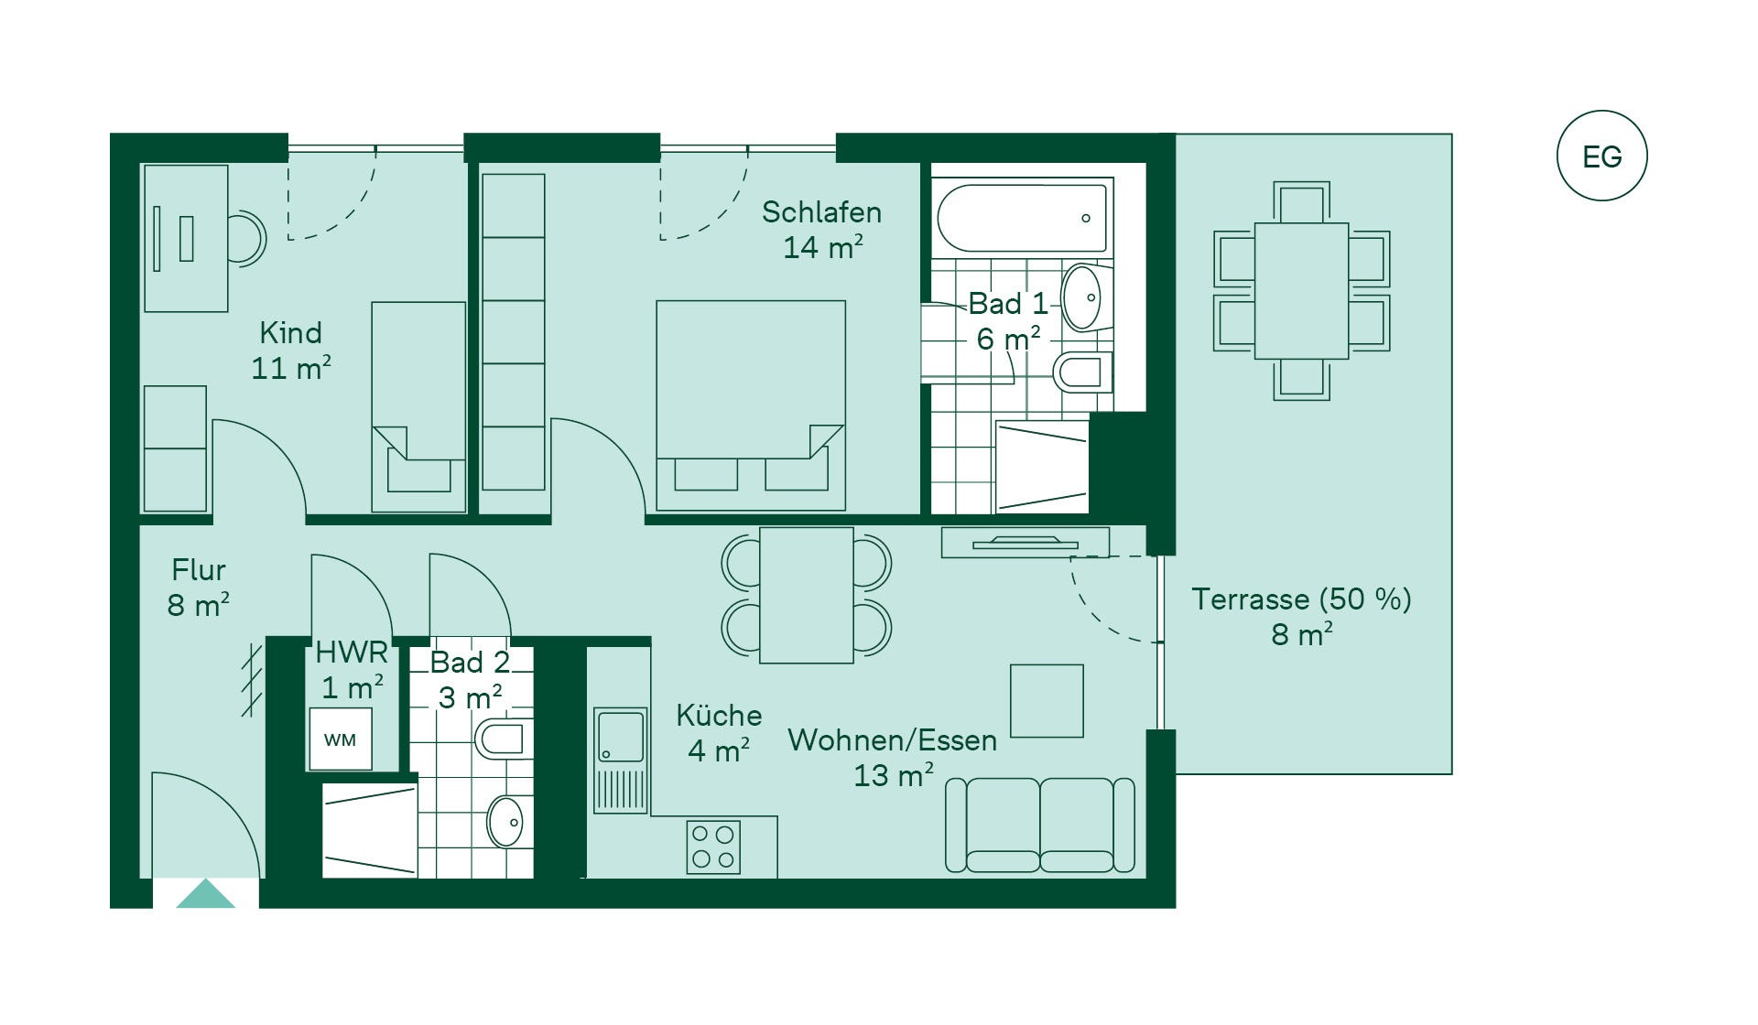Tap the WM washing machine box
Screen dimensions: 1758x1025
click(x=340, y=739)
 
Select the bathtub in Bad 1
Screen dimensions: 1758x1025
click(x=1022, y=218)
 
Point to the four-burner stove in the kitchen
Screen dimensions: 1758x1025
click(x=713, y=847)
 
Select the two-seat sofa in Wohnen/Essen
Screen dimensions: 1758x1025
click(x=1040, y=825)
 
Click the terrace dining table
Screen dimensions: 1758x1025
click(x=1301, y=291)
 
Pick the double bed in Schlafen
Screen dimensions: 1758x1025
click(x=751, y=405)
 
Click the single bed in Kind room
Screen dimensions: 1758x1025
click(x=418, y=406)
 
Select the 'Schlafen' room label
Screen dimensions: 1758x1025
click(x=821, y=212)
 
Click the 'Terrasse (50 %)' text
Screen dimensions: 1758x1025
click(x=1301, y=599)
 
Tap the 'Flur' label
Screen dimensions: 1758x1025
click(x=198, y=570)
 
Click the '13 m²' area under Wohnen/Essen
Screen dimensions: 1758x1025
click(x=893, y=775)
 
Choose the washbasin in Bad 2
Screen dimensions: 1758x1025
click(x=505, y=822)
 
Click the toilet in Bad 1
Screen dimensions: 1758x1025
click(x=1082, y=372)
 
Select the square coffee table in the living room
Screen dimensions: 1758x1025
click(x=1047, y=701)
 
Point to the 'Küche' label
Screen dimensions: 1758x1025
click(x=719, y=716)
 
